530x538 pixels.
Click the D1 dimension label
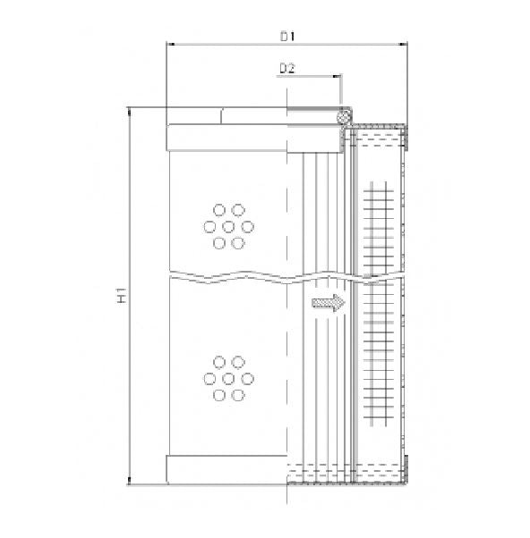287,37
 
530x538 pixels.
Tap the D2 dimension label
287,67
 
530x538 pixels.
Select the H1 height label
122,297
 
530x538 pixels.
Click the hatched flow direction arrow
328,304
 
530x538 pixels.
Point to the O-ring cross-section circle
342,116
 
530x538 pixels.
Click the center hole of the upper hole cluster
228,226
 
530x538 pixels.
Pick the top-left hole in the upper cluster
218,210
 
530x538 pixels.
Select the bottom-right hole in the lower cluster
239,394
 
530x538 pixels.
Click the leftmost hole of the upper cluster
209,226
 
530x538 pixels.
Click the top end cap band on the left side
226,137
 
